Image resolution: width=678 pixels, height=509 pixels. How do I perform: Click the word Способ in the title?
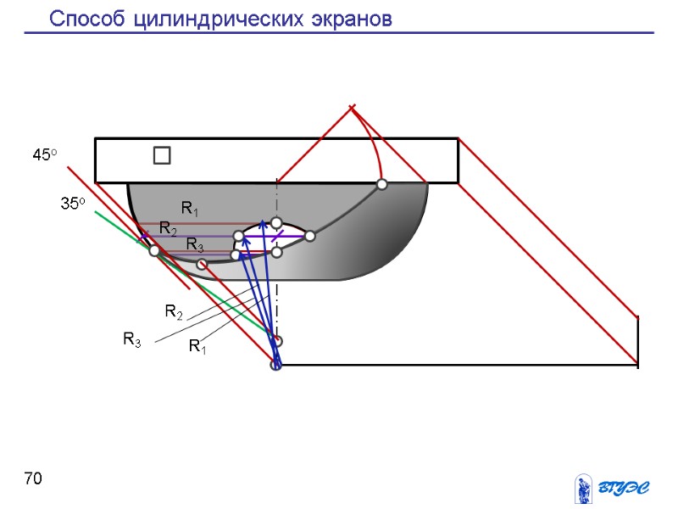coord(87,19)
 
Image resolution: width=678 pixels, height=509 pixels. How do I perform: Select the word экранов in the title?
coord(347,19)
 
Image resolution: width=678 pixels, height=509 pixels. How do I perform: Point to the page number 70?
coord(33,480)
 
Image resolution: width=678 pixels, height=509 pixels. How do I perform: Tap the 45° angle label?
coord(44,155)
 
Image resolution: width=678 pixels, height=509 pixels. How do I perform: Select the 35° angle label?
coord(72,204)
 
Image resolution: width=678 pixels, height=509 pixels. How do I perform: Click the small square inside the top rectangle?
coord(162,156)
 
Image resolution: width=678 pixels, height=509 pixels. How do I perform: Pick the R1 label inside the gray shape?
coord(190,209)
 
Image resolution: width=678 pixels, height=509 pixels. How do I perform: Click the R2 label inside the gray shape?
coord(169,228)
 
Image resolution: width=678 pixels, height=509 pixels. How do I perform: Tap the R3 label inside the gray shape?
coord(195,245)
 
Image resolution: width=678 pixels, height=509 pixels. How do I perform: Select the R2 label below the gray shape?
coord(174,312)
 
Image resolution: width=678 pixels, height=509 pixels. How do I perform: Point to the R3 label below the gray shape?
coord(132,340)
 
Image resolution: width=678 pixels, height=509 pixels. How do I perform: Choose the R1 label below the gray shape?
coord(197,345)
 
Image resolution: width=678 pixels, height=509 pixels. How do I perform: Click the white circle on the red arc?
coord(382,184)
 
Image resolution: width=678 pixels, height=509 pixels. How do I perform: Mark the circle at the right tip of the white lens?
coord(310,236)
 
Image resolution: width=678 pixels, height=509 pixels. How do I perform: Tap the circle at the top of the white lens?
coord(276,223)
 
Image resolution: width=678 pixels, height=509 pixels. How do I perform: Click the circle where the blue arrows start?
coord(275,366)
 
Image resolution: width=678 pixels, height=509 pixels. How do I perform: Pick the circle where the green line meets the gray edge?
coord(154,251)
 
